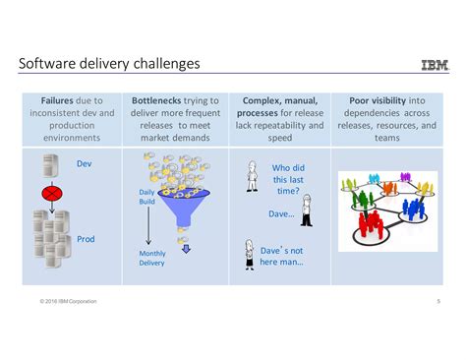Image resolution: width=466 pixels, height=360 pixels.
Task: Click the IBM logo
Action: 434,65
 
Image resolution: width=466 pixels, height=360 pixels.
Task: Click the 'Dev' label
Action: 85,163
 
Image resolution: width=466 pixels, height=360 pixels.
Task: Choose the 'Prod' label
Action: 87,238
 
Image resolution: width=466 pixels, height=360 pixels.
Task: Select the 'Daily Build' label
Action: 146,197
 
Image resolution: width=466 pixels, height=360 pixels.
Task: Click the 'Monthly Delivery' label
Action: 152,258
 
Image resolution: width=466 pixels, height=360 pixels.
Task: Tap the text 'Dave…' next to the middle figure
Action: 281,212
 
